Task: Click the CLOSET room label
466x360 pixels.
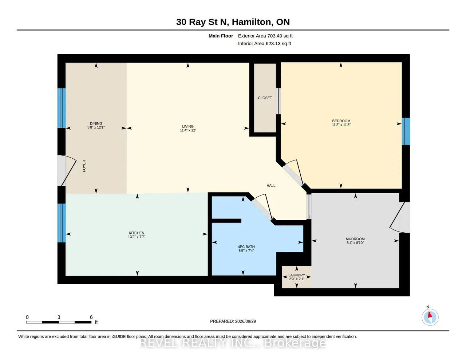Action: coord(265,98)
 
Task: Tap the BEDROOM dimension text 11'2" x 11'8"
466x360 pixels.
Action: coord(341,125)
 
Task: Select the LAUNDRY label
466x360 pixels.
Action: coord(297,275)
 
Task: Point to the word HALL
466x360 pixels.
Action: coord(271,186)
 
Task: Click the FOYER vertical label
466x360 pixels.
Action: coord(84,166)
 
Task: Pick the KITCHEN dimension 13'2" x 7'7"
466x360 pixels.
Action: coord(137,237)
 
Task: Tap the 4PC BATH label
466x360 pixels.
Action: coord(246,247)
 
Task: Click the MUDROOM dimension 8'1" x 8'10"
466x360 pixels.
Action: coord(355,243)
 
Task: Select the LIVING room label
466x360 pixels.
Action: coord(188,127)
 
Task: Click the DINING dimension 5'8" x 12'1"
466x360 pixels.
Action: coord(96,127)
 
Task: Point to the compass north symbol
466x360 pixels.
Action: coord(430,317)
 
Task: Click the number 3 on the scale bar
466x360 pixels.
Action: coord(59,317)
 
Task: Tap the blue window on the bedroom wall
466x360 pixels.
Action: coord(406,131)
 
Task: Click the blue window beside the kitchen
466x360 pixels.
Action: coord(62,223)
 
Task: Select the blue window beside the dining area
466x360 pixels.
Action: coord(62,108)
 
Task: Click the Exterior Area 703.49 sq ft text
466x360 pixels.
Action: coord(265,36)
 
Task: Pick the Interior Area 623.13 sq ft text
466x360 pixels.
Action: coord(264,44)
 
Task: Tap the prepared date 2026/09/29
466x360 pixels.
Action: coord(245,321)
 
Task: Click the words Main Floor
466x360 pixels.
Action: coord(221,36)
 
